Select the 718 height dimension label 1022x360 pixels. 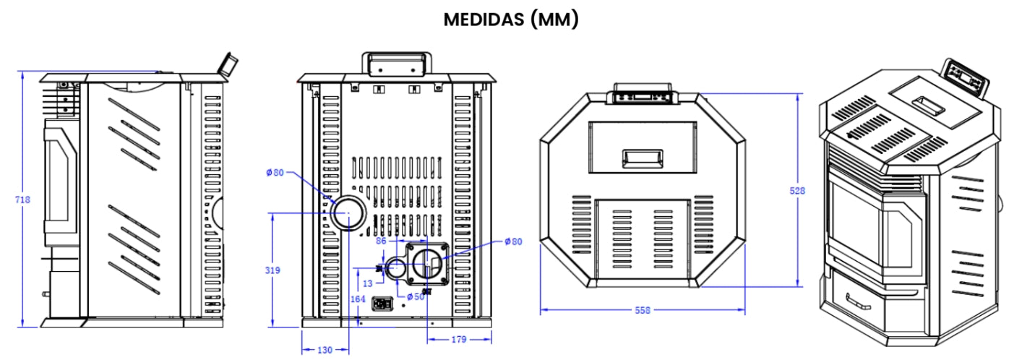23,200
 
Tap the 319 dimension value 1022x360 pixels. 272,270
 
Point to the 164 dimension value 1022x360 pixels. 357,297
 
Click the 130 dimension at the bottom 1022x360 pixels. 325,350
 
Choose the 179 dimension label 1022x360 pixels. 458,338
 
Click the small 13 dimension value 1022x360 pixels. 368,283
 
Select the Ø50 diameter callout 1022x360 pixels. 415,296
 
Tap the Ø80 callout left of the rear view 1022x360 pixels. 275,173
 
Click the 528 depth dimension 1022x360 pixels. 797,191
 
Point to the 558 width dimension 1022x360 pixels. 642,310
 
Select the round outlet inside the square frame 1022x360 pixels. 427,264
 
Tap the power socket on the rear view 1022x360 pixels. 381,304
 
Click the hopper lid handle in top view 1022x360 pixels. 643,158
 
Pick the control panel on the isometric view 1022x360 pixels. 964,75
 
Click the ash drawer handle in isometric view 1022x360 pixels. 858,297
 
